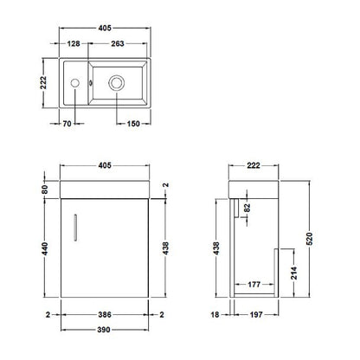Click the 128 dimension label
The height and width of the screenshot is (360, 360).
pos(74,43)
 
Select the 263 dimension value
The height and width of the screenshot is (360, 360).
pos(118,43)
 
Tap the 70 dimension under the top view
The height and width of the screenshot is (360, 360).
pos(67,124)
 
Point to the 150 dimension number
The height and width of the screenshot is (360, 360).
pos(133,124)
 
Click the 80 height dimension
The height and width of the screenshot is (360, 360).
pos(45,190)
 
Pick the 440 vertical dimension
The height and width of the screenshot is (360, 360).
pos(45,248)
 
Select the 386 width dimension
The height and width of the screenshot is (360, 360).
pos(105,314)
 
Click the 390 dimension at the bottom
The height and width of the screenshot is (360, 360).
pos(104,330)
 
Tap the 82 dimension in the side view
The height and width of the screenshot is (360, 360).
pos(247,208)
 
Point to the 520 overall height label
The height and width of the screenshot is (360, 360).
pos(309,239)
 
